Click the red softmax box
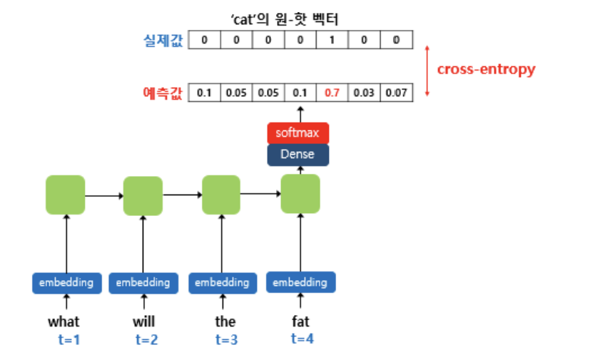tap(297, 133)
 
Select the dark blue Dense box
tap(297, 155)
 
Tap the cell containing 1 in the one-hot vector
tap(332, 40)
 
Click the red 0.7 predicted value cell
tap(332, 93)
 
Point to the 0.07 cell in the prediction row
tap(397, 93)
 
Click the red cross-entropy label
tap(486, 69)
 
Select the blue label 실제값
tap(163, 40)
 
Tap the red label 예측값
tap(163, 93)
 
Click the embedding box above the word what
tap(66, 283)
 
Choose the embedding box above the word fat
tap(301, 282)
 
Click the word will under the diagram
tap(143, 322)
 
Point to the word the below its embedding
tap(225, 322)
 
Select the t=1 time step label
tap(69, 340)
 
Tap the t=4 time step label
tap(302, 339)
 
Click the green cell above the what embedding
tap(65, 195)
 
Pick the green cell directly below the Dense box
tap(300, 194)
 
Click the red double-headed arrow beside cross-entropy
tap(427, 71)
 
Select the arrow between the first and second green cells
tap(103, 195)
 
